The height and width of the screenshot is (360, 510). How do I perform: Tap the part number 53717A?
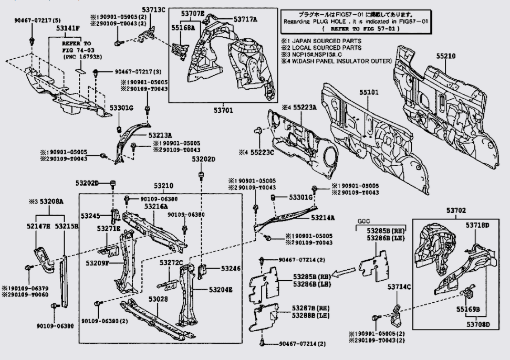(246, 19)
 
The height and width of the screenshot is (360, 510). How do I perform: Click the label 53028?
(158, 299)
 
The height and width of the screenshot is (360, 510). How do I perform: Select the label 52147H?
(39, 226)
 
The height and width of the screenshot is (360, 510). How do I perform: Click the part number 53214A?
(322, 217)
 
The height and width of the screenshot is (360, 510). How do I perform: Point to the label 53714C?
(399, 287)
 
